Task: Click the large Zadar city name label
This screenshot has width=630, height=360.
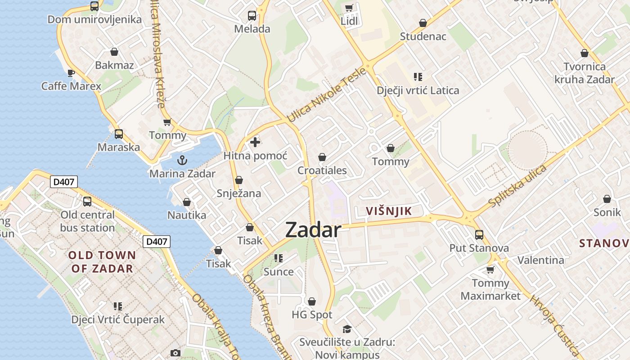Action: [x=313, y=230]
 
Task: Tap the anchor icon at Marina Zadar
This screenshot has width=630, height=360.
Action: [x=182, y=160]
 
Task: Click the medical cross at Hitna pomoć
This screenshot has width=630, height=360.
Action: [x=255, y=142]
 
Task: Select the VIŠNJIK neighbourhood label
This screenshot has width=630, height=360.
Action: [x=389, y=211]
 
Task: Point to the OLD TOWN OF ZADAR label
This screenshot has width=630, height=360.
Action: [x=102, y=262]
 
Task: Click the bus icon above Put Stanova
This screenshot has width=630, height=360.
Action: [x=479, y=234]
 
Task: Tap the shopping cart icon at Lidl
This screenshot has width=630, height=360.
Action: [x=349, y=7]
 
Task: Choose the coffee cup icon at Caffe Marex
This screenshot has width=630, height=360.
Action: [x=71, y=72]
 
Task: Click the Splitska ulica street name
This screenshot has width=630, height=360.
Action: [x=517, y=186]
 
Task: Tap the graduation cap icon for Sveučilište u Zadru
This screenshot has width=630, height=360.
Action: [x=347, y=329]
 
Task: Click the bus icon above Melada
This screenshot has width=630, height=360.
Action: [x=252, y=16]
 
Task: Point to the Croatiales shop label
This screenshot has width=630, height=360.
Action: [x=322, y=170]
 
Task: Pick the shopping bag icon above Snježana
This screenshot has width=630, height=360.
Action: [x=239, y=180]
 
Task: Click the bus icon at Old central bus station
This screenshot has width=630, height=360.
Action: [x=87, y=201]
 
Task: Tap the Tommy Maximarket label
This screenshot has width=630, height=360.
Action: [x=490, y=289]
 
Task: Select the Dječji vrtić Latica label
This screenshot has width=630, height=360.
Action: [x=418, y=90]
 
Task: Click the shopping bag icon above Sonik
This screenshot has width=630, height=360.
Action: [x=607, y=198]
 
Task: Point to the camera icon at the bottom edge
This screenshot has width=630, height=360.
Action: [x=175, y=353]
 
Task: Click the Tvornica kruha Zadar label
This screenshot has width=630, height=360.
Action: [x=585, y=73]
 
